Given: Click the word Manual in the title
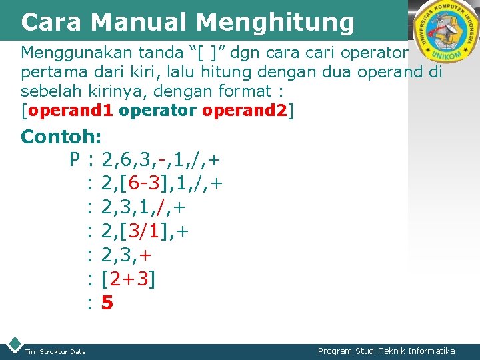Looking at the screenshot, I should pyautogui.click(x=138, y=22).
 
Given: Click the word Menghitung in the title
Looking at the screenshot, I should pyautogui.click(x=275, y=23).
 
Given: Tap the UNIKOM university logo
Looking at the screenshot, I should pyautogui.click(x=445, y=31).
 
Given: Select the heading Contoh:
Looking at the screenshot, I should pyautogui.click(x=61, y=137).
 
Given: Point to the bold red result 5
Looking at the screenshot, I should pyautogui.click(x=107, y=303).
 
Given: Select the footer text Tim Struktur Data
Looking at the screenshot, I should pyautogui.click(x=55, y=351).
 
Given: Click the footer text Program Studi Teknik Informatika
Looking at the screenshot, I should pyautogui.click(x=386, y=351).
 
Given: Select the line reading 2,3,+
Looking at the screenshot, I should pyautogui.click(x=127, y=255).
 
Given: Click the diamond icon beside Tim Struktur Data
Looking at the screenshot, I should pyautogui.click(x=13, y=345).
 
